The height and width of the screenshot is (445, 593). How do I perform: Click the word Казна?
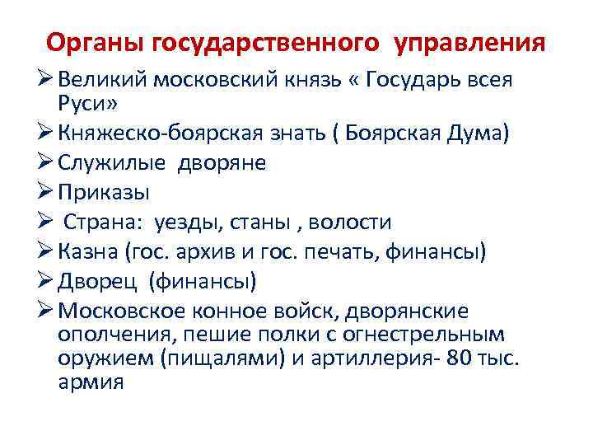[x=86, y=252]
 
